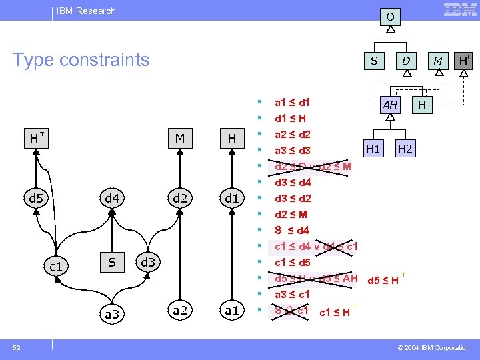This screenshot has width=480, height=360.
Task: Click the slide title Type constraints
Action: (x=81, y=60)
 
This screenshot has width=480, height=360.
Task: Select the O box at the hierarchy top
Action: (x=391, y=15)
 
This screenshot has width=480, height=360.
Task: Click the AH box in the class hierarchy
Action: (x=390, y=105)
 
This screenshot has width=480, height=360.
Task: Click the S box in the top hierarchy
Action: (x=374, y=61)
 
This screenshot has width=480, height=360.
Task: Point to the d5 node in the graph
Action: (x=35, y=198)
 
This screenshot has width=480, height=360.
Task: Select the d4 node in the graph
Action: (x=112, y=198)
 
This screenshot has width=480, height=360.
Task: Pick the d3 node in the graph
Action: (x=148, y=262)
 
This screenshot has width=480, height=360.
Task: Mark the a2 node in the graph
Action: (x=179, y=310)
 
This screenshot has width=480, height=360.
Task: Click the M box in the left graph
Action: (x=179, y=138)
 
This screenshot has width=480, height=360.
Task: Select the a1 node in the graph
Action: (x=231, y=310)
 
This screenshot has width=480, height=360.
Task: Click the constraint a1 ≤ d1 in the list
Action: (x=292, y=103)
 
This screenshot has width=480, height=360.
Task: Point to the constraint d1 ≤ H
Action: (x=291, y=119)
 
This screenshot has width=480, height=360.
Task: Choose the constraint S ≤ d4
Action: (x=292, y=231)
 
